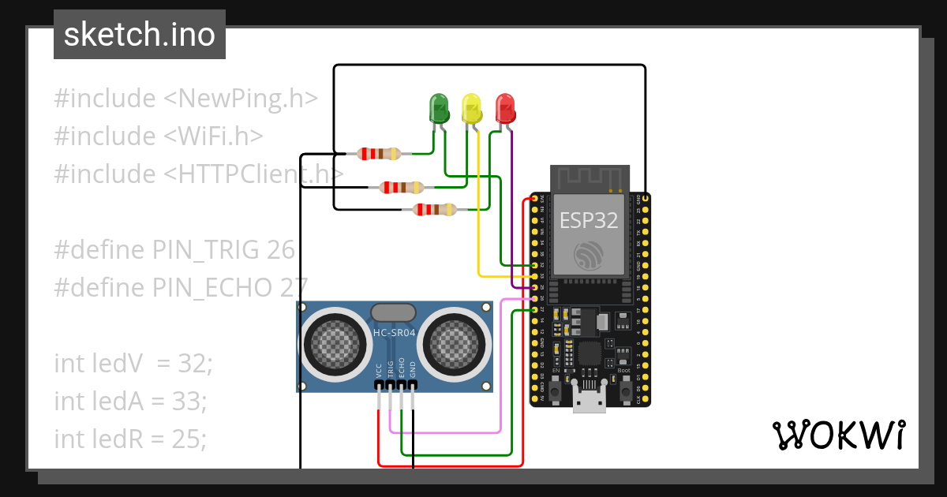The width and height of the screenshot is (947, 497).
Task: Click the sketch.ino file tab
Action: point(140,35)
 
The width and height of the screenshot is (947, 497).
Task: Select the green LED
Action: point(438,108)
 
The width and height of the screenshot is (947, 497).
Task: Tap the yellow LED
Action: point(471,108)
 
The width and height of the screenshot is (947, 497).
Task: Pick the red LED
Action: point(504,108)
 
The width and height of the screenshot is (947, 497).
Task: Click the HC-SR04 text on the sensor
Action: point(394,334)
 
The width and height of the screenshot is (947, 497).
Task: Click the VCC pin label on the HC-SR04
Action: point(380,368)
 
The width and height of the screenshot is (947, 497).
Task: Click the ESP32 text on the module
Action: point(590,220)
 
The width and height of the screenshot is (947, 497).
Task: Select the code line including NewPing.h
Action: point(186,99)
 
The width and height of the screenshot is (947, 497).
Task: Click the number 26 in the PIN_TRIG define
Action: point(280,250)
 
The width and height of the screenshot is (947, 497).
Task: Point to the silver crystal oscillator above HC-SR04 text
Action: point(394,312)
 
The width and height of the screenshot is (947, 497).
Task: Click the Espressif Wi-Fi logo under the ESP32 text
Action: point(590,255)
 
